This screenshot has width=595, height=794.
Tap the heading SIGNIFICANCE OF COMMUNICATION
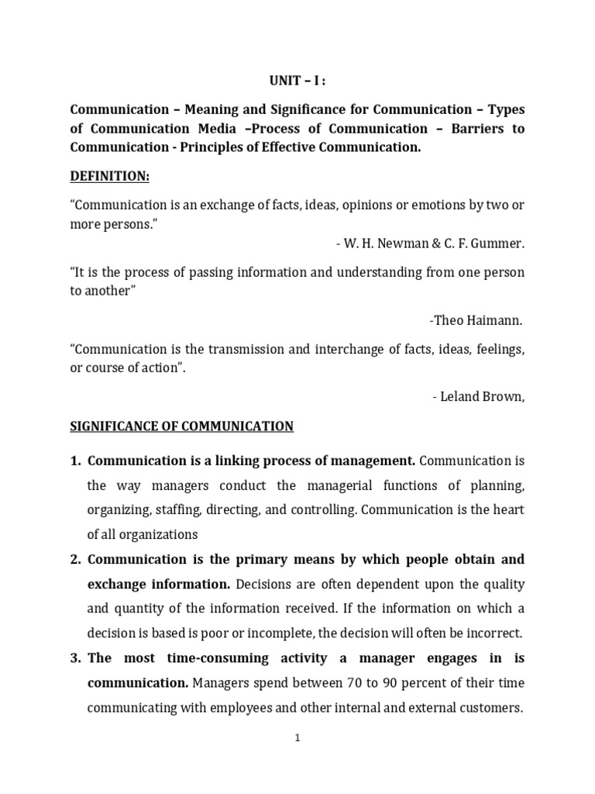tap(182, 426)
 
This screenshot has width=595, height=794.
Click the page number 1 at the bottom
tap(297, 738)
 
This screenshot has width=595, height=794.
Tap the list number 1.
tap(75, 461)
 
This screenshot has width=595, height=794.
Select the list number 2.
tap(75, 559)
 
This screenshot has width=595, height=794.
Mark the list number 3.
tap(75, 658)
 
